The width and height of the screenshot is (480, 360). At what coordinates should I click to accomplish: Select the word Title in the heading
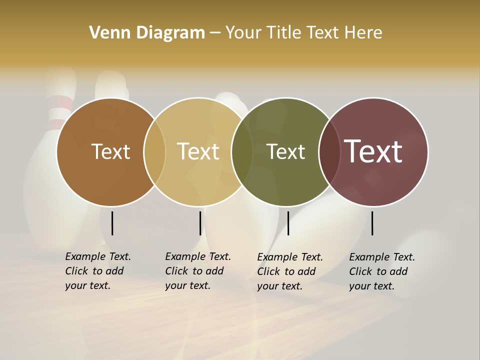coord(284,33)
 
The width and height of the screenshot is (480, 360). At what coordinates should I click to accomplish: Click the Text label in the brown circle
coord(110,151)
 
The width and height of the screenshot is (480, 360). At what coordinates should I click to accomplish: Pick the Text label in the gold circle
coord(198,151)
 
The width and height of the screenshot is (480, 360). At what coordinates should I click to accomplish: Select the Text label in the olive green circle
coord(285,151)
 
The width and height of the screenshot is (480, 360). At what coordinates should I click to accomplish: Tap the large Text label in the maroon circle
coord(373,151)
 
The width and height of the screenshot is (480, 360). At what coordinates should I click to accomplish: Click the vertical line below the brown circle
coord(112,223)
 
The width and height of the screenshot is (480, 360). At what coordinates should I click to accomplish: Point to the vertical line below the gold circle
coord(200,223)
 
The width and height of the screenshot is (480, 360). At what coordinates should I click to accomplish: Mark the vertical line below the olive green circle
coord(288,223)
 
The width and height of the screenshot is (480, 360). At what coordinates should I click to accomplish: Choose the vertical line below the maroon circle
coord(372,223)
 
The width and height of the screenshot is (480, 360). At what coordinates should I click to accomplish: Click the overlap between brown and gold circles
coord(154,152)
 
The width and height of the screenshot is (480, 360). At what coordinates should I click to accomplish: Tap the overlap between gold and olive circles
coord(242,152)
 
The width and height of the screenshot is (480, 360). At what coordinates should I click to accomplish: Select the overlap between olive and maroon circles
coord(329,152)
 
